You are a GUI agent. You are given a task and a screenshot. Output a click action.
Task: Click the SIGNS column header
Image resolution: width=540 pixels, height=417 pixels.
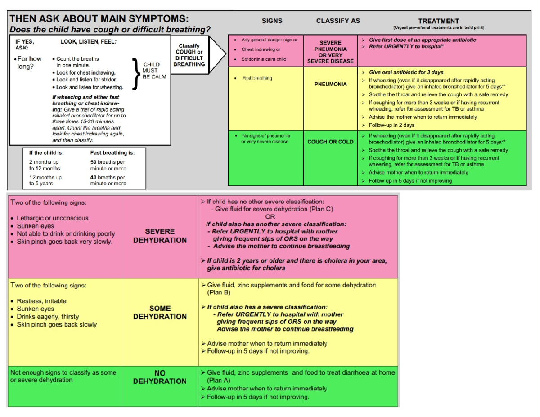pyautogui.click(x=272, y=21)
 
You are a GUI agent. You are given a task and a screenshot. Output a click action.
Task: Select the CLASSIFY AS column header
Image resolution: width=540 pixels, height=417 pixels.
pyautogui.click(x=338, y=21)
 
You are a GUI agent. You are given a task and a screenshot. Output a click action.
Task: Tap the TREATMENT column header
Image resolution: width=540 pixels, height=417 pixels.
pyautogui.click(x=438, y=21)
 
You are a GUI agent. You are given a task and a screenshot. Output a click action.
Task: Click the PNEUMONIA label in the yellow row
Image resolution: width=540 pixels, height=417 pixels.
pyautogui.click(x=333, y=84)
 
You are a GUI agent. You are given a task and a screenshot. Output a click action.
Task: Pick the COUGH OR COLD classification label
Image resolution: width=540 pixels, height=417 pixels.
pyautogui.click(x=331, y=142)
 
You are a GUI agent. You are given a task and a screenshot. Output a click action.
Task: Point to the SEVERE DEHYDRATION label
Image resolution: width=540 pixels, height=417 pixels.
pyautogui.click(x=160, y=236)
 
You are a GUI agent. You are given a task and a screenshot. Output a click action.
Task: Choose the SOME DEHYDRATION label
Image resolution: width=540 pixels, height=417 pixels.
pyautogui.click(x=160, y=313)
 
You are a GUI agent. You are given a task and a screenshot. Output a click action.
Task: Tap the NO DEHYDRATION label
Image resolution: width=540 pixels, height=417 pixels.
pyautogui.click(x=160, y=377)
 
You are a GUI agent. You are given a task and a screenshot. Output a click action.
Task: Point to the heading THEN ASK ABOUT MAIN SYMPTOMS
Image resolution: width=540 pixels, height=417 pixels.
pyautogui.click(x=99, y=20)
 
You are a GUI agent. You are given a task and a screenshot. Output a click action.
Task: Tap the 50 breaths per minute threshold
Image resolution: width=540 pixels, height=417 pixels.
pyautogui.click(x=108, y=165)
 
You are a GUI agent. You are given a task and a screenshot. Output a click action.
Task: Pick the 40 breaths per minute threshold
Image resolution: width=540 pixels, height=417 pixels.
pyautogui.click(x=108, y=180)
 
